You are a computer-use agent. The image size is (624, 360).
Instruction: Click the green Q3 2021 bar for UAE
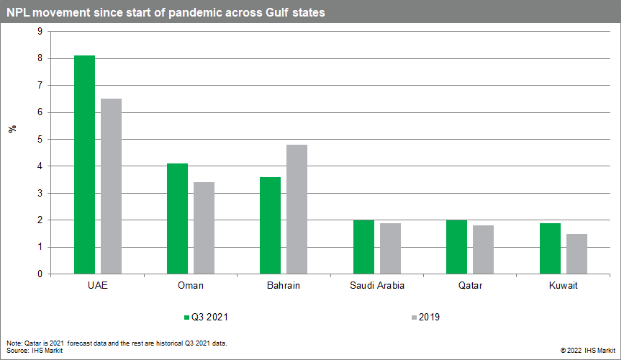click(84, 165)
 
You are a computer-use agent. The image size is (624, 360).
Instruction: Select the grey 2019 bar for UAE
click(112, 186)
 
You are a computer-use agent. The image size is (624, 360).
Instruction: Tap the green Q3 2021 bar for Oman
click(177, 219)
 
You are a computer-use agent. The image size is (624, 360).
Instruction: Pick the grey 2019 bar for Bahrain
click(297, 210)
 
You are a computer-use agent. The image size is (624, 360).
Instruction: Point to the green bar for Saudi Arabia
click(363, 247)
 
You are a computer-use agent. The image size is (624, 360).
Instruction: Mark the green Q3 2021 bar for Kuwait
click(549, 248)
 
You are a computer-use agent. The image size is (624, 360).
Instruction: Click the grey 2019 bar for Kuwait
click(576, 254)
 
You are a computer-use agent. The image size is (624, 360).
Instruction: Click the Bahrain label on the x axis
click(283, 286)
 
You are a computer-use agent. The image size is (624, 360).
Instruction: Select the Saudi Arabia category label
click(377, 286)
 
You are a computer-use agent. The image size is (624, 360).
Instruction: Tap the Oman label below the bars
click(190, 286)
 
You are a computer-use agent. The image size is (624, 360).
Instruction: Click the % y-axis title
click(12, 129)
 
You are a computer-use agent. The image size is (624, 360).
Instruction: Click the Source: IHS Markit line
click(35, 350)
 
